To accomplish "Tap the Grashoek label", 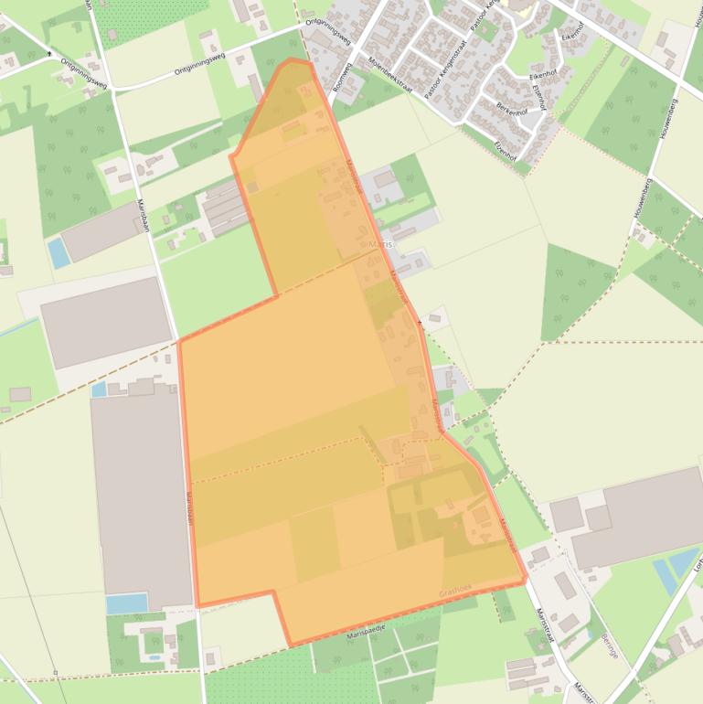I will coord(453,592).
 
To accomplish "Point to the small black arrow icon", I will coord(48,54).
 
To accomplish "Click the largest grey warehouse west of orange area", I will coord(141,494).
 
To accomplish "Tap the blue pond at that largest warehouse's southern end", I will coord(126,603).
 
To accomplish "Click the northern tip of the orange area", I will coord(291,59).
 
